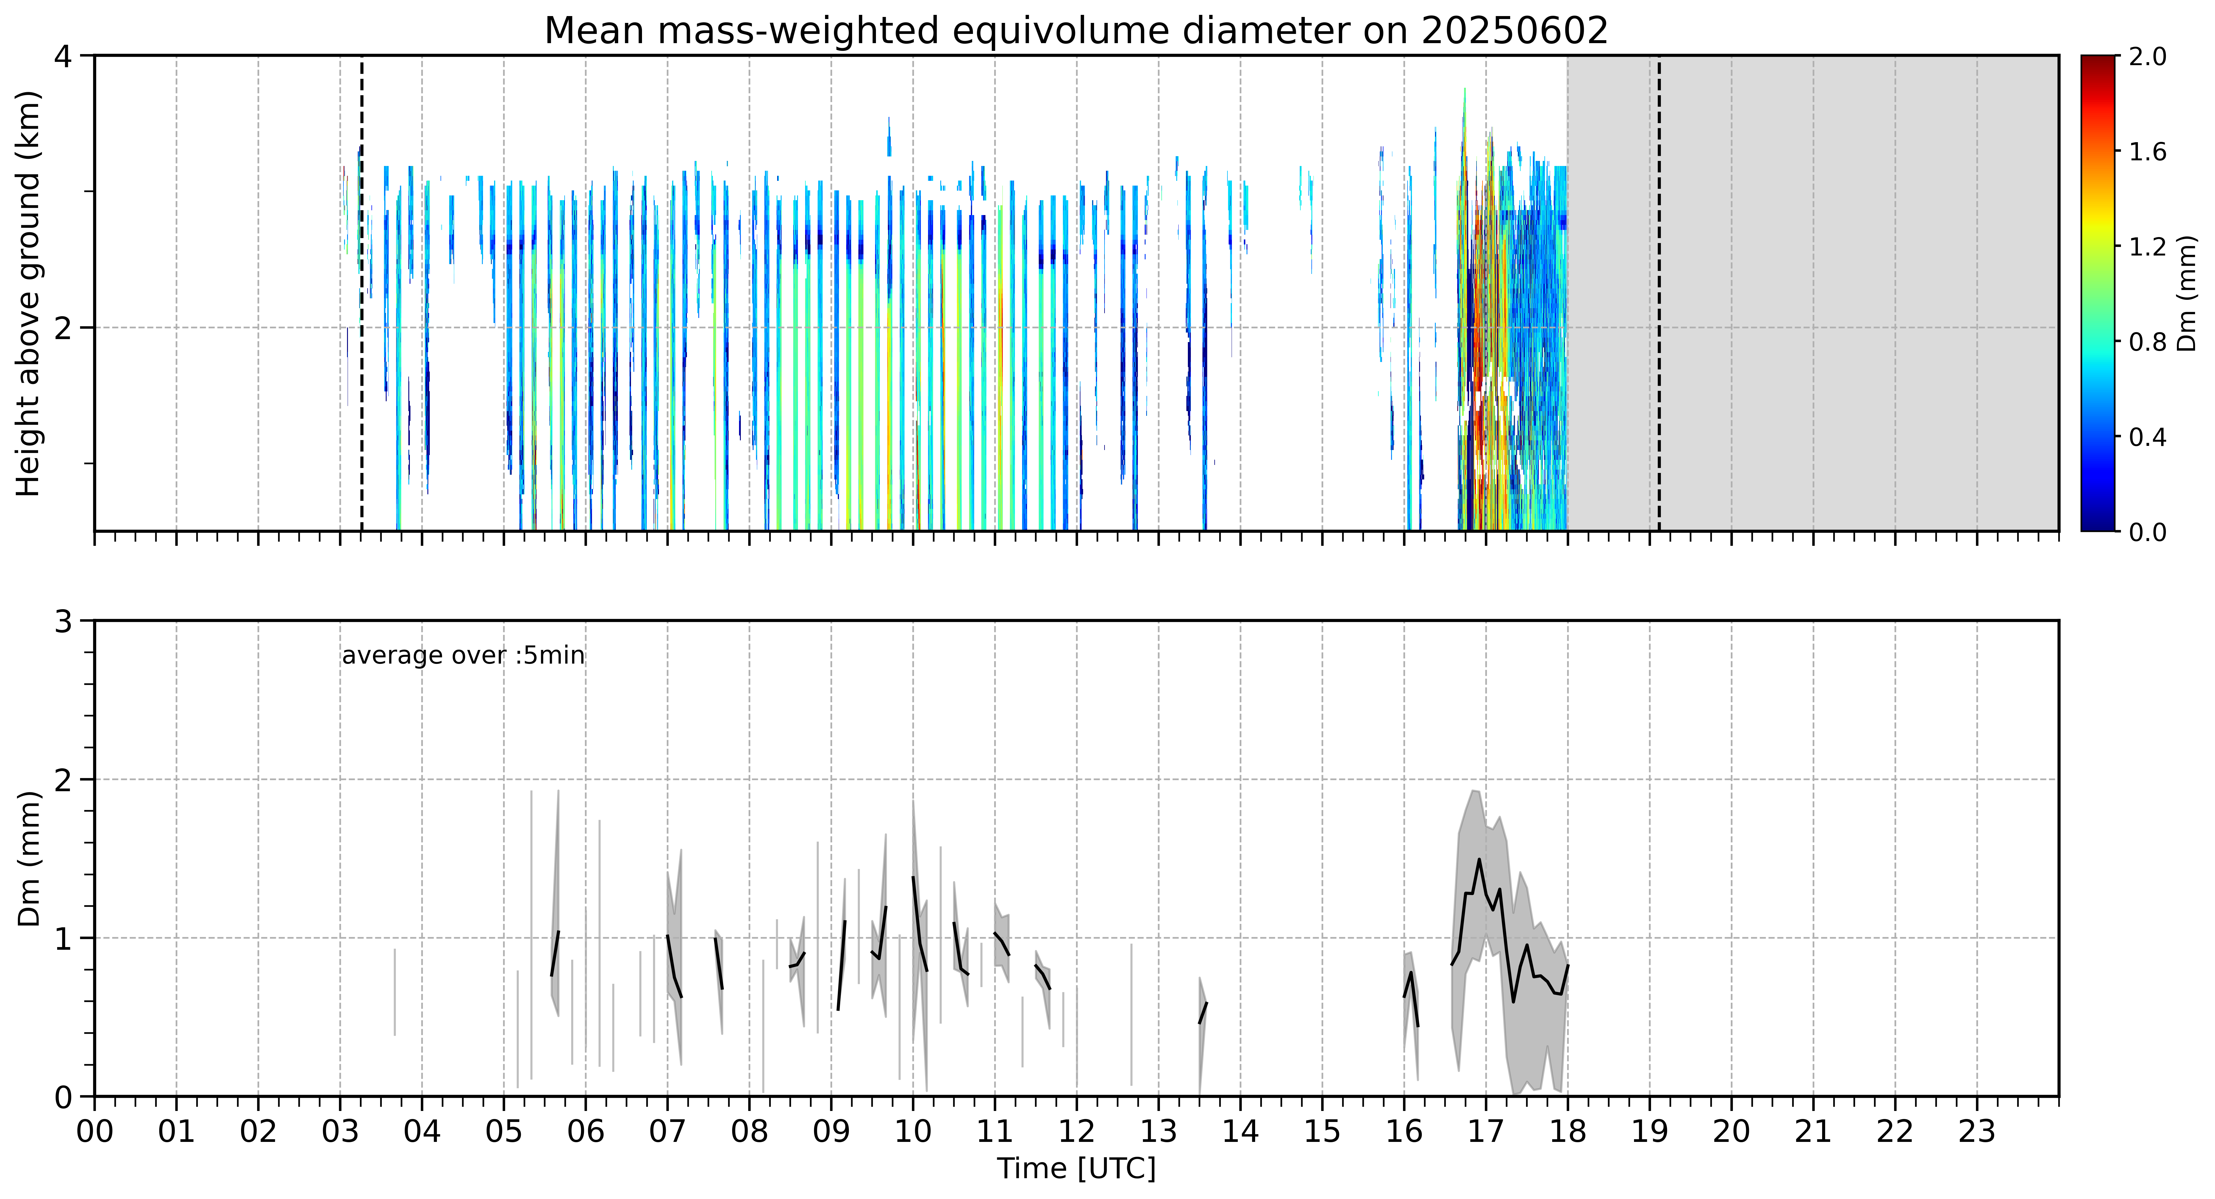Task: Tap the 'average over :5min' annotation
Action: tap(463, 656)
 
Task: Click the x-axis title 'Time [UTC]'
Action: tap(1077, 1169)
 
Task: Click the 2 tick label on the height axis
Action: tap(63, 327)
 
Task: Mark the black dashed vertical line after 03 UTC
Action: tap(361, 293)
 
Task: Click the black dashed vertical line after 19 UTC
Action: tap(1659, 293)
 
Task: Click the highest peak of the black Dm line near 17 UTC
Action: tap(1479, 860)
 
